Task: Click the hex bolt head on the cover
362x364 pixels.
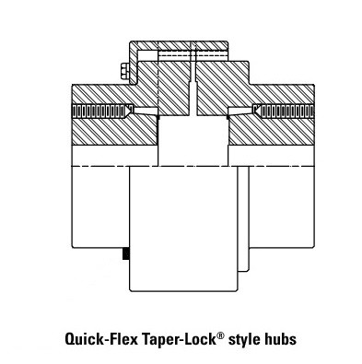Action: pos(124,71)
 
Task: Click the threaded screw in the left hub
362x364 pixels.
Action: pos(97,111)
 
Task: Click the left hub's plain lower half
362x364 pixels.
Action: pos(99,203)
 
